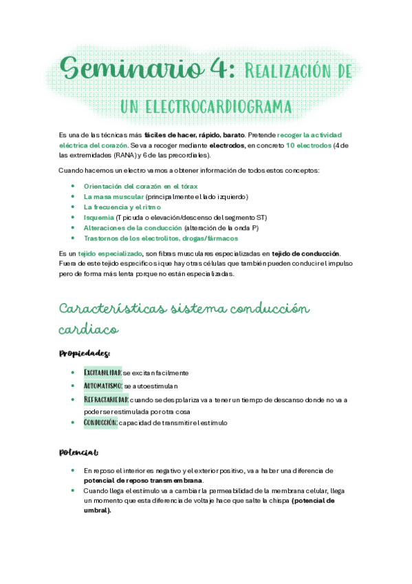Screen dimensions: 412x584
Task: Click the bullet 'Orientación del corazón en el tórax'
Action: pyautogui.click(x=141, y=186)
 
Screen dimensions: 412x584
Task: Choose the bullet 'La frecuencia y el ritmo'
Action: pyautogui.click(x=122, y=207)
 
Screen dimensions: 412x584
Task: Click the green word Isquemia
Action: pyautogui.click(x=98, y=217)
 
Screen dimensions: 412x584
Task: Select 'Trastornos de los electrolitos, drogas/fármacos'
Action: pyautogui.click(x=160, y=238)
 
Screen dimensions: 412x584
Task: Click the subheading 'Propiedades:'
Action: pyautogui.click(x=85, y=353)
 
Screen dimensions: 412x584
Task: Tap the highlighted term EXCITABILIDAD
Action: pyautogui.click(x=102, y=373)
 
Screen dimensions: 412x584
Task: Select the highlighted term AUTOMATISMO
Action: pyautogui.click(x=103, y=386)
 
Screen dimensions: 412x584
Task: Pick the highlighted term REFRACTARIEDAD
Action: pyautogui.click(x=106, y=399)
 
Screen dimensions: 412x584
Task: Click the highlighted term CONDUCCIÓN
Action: pyautogui.click(x=100, y=422)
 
